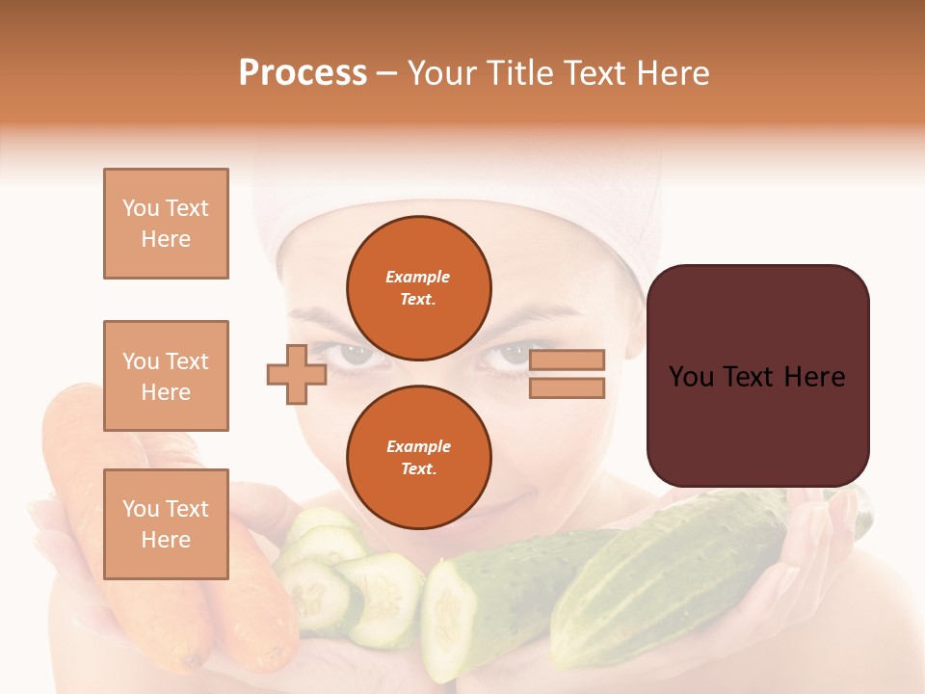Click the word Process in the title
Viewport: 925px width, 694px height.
[303, 73]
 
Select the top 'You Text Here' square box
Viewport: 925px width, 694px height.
[166, 224]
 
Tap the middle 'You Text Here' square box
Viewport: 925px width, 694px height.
[166, 376]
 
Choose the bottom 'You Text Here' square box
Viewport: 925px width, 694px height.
[166, 523]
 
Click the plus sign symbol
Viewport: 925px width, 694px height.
[297, 374]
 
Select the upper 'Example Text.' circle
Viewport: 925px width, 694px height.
[419, 287]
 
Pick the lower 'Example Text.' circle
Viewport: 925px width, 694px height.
[419, 457]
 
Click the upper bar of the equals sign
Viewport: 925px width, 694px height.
[567, 360]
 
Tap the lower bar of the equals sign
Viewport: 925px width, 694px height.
[567, 388]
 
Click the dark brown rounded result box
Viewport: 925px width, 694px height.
[757, 376]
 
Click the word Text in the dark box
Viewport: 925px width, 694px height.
[755, 377]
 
